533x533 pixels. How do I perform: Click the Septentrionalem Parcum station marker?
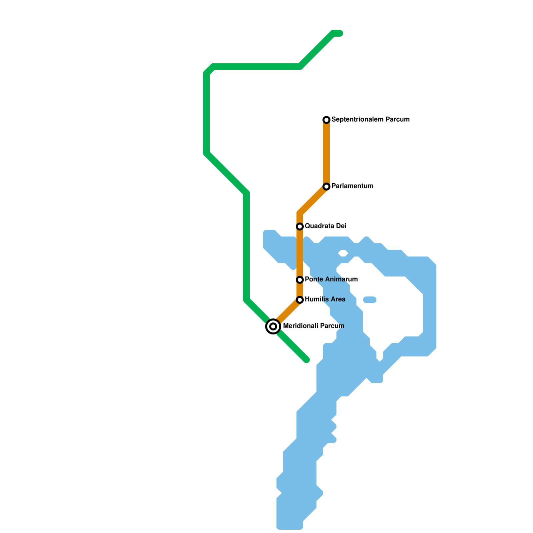pos(326,120)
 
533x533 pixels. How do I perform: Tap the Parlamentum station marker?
pos(326,186)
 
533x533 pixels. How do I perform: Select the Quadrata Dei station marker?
pos(300,227)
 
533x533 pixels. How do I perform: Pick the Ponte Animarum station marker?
pos(300,279)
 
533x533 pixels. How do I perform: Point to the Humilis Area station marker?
pos(300,299)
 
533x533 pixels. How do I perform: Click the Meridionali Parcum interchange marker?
pos(273,326)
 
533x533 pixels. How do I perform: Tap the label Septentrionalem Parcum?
pos(370,119)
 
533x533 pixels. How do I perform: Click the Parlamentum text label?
pos(352,186)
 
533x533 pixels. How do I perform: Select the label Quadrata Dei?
pos(325,226)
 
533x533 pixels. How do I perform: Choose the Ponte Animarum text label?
pos(331,279)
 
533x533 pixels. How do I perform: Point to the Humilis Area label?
pos(325,299)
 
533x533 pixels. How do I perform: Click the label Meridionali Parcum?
pos(313,326)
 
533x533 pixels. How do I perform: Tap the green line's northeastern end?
pos(340,33)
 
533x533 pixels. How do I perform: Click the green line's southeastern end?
pos(307,360)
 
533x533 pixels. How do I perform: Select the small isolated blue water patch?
pos(370,300)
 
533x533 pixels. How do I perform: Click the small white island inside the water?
pos(343,254)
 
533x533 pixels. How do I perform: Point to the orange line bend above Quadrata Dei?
pos(300,213)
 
